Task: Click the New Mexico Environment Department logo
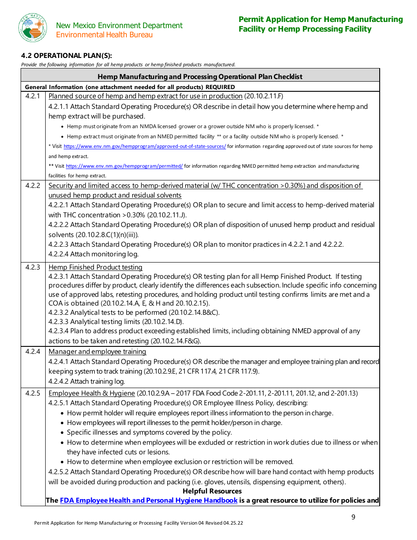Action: coord(32,28)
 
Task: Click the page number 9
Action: coord(353,517)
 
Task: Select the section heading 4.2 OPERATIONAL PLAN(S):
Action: coord(67,55)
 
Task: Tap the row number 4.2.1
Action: coord(33,96)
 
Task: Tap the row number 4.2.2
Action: coord(33,186)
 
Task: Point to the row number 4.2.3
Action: coord(33,267)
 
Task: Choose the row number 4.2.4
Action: coord(33,351)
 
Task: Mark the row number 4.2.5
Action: coord(33,393)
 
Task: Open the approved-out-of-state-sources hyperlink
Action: coord(145,146)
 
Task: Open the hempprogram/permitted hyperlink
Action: coord(124,166)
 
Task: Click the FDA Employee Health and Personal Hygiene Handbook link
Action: coord(149,500)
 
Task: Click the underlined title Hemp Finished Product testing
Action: coord(95,267)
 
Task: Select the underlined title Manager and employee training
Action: coord(97,351)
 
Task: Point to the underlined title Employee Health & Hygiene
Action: coord(92,393)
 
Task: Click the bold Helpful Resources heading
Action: coord(212,491)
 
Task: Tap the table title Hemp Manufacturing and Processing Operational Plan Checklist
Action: coord(200,76)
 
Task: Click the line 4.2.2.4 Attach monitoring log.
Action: coord(93,254)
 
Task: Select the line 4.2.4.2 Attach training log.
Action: coord(86,381)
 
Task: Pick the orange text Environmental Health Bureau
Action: coord(104,35)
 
